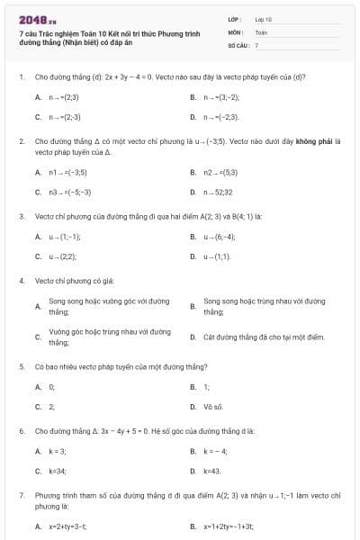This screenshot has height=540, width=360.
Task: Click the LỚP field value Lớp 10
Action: [x=263, y=18]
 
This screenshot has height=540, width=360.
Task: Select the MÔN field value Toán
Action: [x=260, y=31]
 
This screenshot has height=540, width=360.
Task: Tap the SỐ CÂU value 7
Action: [x=256, y=44]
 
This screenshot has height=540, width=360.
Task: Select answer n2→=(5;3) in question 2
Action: [x=220, y=172]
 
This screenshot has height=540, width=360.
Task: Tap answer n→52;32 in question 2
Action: [x=219, y=192]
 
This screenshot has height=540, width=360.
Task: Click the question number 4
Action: [x=21, y=281]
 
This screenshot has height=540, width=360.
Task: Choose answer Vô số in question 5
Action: [x=212, y=407]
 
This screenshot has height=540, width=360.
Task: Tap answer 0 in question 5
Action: [x=51, y=387]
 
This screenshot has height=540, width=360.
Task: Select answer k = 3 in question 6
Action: [x=58, y=451]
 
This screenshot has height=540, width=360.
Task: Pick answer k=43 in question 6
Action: [x=212, y=471]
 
